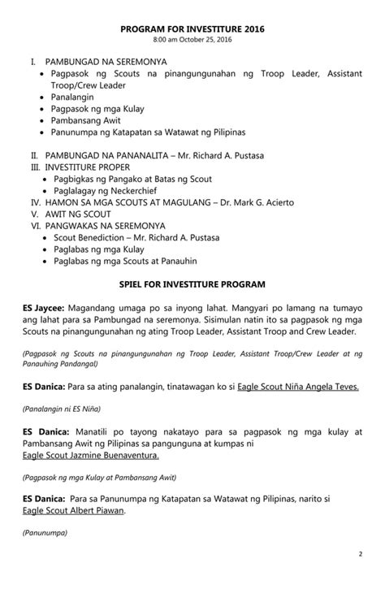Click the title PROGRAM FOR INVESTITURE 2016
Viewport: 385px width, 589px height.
(192, 28)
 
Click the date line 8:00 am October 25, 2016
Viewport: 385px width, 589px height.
(192, 39)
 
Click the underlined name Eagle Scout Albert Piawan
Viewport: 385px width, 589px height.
(78, 513)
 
